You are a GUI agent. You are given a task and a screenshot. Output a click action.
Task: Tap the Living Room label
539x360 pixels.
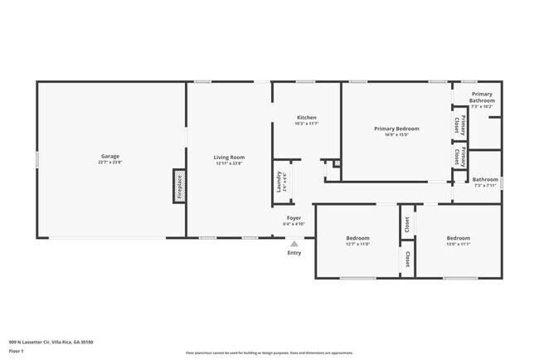click(229, 157)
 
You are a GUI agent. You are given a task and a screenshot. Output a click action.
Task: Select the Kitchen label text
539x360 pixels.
click(306, 118)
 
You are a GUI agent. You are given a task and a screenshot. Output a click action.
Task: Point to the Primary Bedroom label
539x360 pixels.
click(396, 129)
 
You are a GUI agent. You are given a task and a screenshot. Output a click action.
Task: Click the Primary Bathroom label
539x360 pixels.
click(482, 97)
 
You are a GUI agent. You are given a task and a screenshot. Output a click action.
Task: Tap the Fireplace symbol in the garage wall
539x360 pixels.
click(178, 186)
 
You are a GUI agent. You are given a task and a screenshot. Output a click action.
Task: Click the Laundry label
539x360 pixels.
click(279, 181)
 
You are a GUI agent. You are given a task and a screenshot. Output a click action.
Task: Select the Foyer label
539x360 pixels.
click(294, 218)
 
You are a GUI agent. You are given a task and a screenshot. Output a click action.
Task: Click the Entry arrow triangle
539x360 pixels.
click(294, 244)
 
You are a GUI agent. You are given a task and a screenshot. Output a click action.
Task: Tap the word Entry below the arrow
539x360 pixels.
click(294, 253)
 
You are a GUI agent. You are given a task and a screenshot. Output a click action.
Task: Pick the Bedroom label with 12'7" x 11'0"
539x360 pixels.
click(357, 238)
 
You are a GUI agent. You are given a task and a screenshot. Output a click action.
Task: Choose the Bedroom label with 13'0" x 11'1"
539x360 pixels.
click(459, 238)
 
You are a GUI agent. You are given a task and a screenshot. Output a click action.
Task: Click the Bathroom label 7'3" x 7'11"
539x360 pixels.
click(485, 179)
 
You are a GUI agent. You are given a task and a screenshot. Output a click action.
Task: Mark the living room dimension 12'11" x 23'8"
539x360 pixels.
click(229, 163)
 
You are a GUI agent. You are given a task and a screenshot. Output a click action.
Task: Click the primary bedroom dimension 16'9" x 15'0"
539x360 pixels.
click(396, 134)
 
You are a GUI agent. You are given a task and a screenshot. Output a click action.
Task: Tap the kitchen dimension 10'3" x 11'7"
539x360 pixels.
click(306, 124)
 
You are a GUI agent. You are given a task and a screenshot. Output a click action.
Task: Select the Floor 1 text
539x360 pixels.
click(17, 352)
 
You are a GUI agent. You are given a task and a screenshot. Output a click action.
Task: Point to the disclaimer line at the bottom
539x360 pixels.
click(269, 353)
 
